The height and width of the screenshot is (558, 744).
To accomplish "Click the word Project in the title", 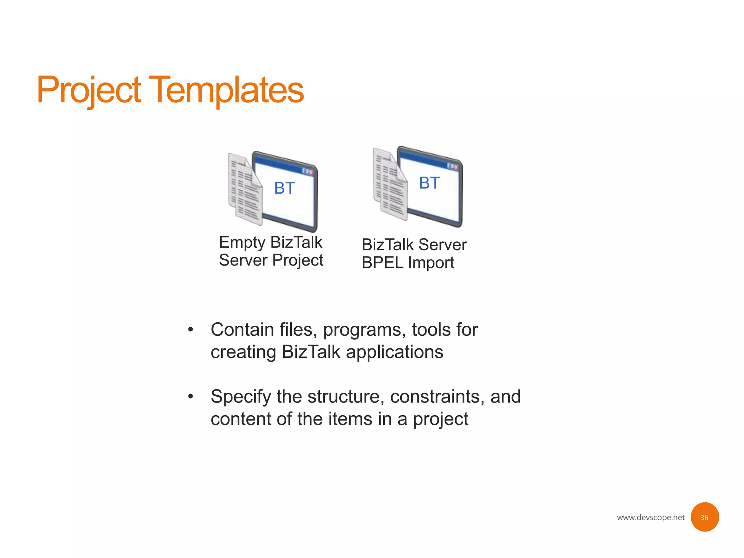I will point(89,90).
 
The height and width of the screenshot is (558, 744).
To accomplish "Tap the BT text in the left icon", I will point(284,188).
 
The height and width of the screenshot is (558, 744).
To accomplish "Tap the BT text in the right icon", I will point(429,183).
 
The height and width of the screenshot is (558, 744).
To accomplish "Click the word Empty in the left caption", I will point(242,243).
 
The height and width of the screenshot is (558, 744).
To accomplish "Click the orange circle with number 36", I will point(704,517).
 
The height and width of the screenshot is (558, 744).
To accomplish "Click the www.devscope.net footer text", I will point(650,517).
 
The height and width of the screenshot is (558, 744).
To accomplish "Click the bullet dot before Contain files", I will point(190,330).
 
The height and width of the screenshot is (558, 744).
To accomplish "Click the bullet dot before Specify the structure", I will point(190,396).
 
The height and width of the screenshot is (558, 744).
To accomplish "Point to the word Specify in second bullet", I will point(240,397).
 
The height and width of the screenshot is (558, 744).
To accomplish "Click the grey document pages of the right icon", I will point(390,185).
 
